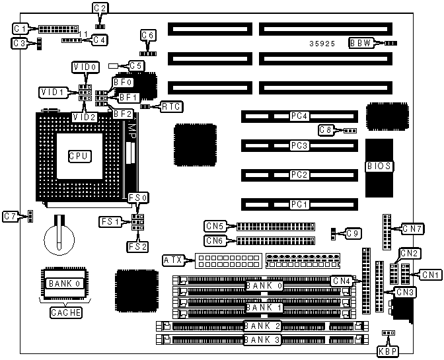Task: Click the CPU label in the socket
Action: [79, 157]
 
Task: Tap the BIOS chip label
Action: [379, 166]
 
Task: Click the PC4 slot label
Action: [299, 116]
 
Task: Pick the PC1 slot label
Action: [299, 205]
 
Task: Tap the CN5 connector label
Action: [215, 226]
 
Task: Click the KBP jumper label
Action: [385, 350]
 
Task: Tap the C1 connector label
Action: [20, 28]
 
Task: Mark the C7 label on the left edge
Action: [10, 216]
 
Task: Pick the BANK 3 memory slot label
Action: [263, 340]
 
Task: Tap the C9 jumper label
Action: [354, 233]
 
